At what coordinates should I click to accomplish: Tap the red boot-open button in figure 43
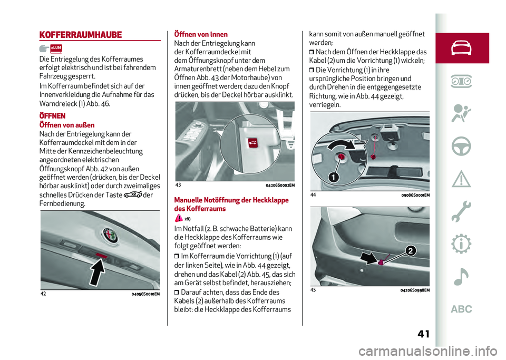click(x=251, y=144)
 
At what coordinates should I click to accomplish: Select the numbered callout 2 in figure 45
click(x=408, y=251)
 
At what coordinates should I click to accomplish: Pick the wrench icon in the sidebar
click(x=462, y=211)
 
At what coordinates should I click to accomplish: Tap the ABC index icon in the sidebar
click(x=462, y=309)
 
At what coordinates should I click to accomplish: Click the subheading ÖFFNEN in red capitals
click(x=53, y=115)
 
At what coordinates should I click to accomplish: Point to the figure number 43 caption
click(x=178, y=185)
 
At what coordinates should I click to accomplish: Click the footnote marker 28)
click(x=187, y=219)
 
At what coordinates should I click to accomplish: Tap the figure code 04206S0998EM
click(x=415, y=290)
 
